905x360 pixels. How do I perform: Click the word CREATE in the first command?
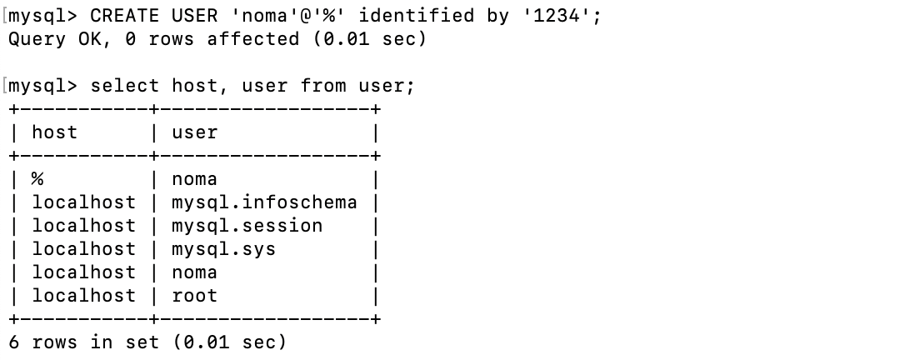click(124, 15)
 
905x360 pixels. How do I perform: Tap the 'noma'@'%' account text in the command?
click(287, 15)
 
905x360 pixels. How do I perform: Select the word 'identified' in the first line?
click(417, 15)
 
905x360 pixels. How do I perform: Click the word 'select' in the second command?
click(124, 85)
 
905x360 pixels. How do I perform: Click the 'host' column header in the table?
click(54, 132)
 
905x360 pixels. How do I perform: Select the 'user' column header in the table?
click(194, 132)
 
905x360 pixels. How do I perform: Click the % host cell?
click(37, 178)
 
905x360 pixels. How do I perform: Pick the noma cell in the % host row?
click(194, 178)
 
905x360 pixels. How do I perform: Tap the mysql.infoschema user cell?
click(264, 202)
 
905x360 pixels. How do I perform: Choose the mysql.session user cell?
click(247, 225)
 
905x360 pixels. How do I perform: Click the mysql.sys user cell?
click(223, 248)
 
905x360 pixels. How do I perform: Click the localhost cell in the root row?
click(83, 295)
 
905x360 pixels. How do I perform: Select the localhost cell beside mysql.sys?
click(83, 248)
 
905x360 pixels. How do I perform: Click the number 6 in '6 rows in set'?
click(14, 342)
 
